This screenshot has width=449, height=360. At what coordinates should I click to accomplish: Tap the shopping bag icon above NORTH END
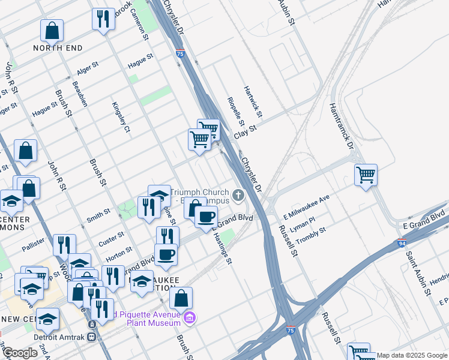tap(52, 31)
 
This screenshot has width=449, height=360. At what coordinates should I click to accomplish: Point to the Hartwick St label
tap(253, 101)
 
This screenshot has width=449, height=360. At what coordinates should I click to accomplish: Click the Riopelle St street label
tap(232, 110)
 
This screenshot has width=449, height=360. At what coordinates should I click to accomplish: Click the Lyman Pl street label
tap(303, 221)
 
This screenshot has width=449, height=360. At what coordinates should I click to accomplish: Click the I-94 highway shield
tap(401, 243)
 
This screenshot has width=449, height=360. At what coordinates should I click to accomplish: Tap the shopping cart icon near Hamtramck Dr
tap(366, 176)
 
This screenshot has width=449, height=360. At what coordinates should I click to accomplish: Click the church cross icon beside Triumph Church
tap(238, 195)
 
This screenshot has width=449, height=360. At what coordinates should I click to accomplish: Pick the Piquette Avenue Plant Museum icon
tap(189, 317)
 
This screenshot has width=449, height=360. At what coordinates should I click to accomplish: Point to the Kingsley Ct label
tap(121, 116)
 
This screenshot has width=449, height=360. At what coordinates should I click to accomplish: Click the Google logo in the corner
tap(20, 353)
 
